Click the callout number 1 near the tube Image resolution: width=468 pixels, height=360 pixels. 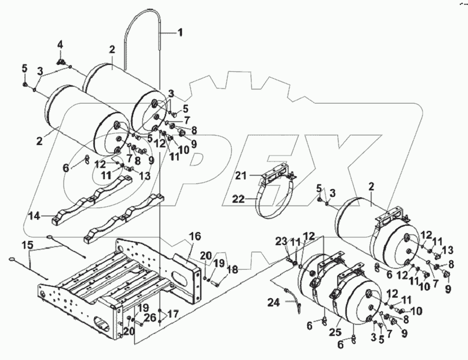[180, 33]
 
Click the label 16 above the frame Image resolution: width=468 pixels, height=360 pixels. [195, 237]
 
